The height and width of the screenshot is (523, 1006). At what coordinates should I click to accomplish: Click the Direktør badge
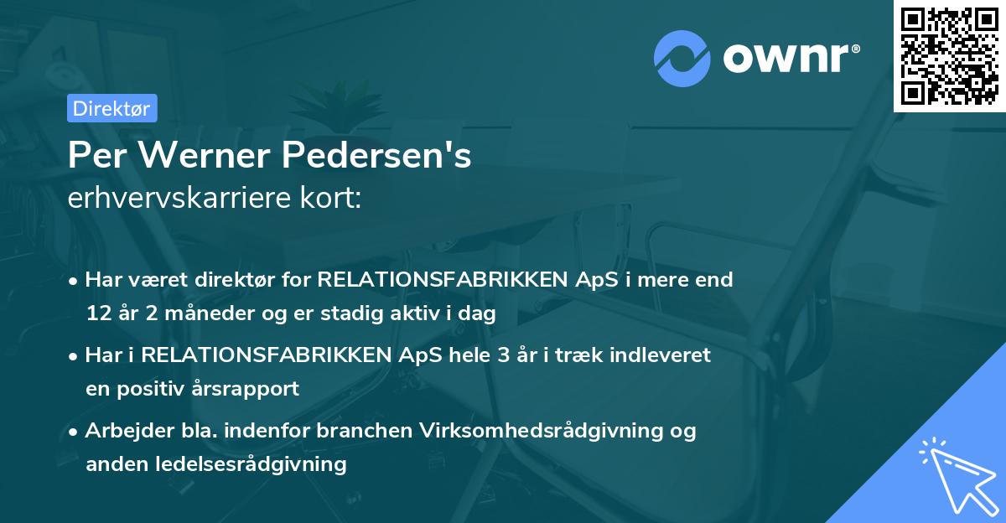111,108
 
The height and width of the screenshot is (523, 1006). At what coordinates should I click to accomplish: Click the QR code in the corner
949,55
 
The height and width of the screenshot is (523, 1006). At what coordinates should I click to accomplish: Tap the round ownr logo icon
682,60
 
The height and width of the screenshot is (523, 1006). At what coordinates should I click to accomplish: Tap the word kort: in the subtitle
333,199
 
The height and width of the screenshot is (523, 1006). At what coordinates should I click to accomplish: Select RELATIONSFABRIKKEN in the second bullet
266,355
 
